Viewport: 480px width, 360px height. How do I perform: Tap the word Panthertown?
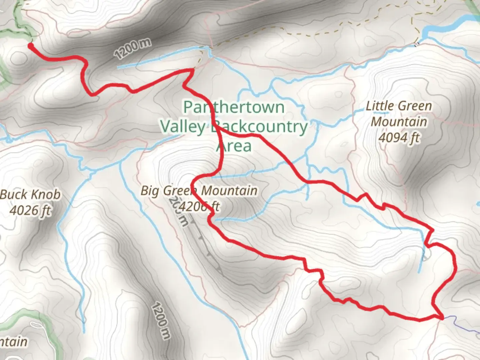(x=234, y=107)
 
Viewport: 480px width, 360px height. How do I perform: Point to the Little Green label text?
(x=399, y=106)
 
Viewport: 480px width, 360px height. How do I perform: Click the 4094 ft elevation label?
(x=399, y=137)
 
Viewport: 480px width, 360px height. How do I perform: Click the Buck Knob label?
(x=31, y=195)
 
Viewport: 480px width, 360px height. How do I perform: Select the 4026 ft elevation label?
(x=31, y=210)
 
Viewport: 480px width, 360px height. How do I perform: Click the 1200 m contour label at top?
(x=132, y=49)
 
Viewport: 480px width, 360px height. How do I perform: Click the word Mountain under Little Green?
(x=399, y=122)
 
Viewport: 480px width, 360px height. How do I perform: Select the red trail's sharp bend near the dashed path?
(x=192, y=70)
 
